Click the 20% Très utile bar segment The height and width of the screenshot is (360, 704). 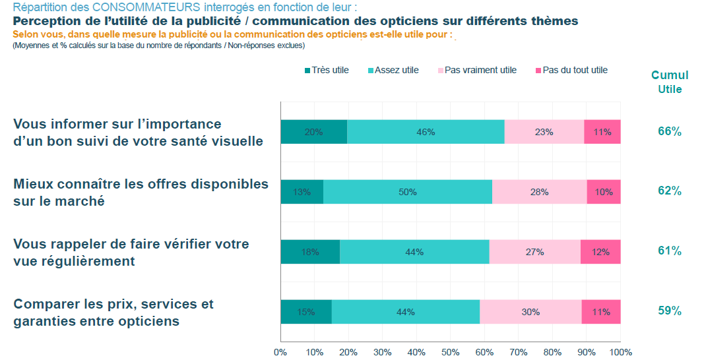(x=313, y=132)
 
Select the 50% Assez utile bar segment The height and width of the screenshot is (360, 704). (x=407, y=192)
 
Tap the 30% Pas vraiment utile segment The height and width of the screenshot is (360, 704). (x=530, y=312)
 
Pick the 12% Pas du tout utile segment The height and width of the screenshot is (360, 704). (x=600, y=252)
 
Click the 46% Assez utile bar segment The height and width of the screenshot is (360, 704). (x=426, y=132)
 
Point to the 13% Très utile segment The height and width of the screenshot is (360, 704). (x=302, y=192)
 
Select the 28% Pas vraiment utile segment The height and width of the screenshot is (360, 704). (x=539, y=192)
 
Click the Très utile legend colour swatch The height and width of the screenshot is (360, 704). (x=307, y=71)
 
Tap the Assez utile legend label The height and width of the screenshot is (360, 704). (x=397, y=71)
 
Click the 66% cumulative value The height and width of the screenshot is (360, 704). (x=669, y=131)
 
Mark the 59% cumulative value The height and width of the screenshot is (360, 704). (x=669, y=311)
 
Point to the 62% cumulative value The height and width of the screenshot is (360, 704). (x=669, y=191)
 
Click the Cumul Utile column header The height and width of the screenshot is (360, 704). (x=670, y=82)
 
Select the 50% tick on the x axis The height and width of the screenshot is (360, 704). (x=450, y=352)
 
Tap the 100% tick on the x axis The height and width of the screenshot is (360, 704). (x=620, y=352)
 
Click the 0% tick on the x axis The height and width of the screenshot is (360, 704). (x=280, y=352)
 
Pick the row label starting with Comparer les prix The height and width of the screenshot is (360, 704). (x=113, y=313)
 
